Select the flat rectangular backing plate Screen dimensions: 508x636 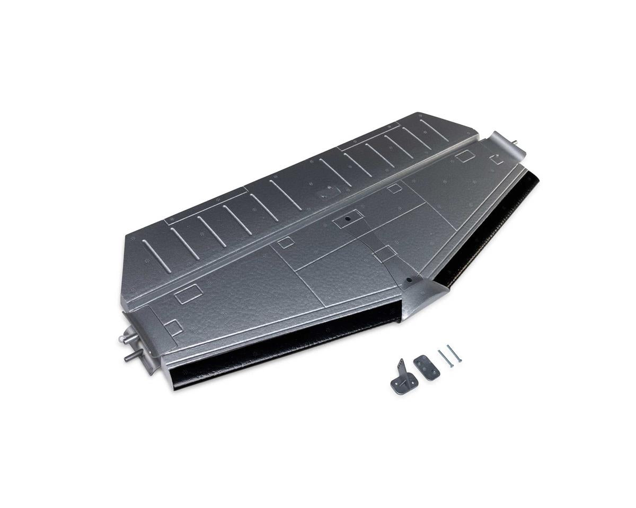[x=426, y=367]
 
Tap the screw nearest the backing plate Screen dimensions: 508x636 [x=445, y=359]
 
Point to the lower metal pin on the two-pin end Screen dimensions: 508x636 [x=132, y=358]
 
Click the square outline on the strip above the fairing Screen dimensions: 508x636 [x=385, y=254]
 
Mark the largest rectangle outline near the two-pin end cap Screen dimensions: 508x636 [x=189, y=294]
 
